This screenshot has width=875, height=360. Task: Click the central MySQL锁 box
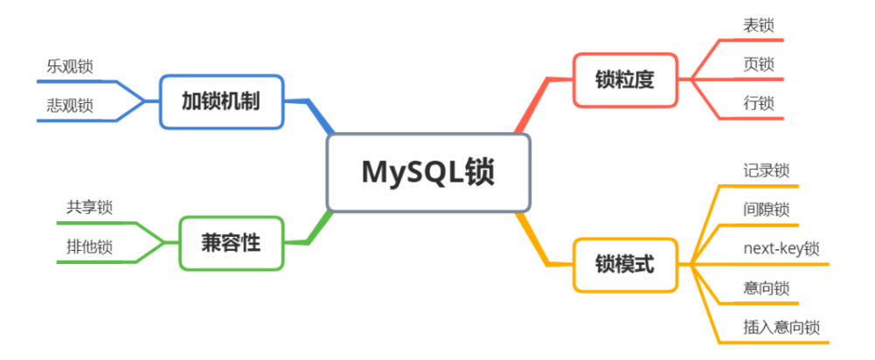[428, 172]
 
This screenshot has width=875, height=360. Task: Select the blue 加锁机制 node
[221, 102]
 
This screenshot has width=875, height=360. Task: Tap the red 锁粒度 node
[626, 80]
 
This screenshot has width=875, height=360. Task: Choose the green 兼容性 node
[231, 243]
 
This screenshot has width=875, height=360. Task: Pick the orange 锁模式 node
[626, 265]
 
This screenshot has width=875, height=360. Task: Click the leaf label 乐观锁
[70, 67]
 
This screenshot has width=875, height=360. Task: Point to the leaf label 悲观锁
[70, 106]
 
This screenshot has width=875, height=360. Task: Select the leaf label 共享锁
[89, 208]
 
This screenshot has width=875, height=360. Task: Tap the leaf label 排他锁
[89, 247]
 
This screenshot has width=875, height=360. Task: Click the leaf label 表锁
[759, 25]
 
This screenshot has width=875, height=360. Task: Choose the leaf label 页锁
[759, 64]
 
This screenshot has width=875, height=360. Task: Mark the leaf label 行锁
[759, 103]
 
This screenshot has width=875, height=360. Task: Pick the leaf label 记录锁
[767, 170]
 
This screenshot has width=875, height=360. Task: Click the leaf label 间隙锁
[767, 210]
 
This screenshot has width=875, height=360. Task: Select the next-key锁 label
[781, 249]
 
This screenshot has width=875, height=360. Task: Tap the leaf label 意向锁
[767, 288]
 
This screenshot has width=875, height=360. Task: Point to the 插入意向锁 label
[781, 328]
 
